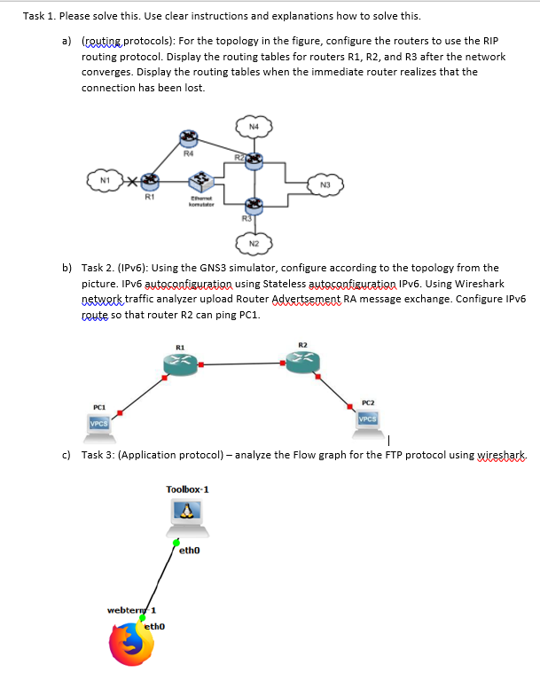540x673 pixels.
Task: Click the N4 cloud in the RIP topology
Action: pyautogui.click(x=254, y=127)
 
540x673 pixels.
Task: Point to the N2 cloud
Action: pyautogui.click(x=254, y=241)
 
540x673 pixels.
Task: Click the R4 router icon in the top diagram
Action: pyautogui.click(x=187, y=139)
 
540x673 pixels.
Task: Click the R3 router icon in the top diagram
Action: pyautogui.click(x=254, y=205)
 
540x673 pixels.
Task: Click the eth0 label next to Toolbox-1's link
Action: pyautogui.click(x=190, y=550)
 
